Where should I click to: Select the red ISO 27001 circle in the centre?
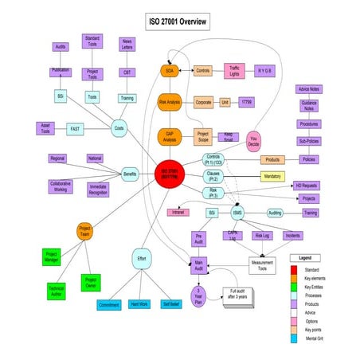(x=170, y=174)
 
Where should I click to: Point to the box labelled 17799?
(x=248, y=103)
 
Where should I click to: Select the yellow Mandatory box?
(x=272, y=176)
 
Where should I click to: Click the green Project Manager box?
(x=51, y=256)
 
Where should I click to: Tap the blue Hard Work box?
(x=140, y=304)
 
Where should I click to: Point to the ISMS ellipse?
(x=237, y=213)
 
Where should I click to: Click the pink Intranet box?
(x=178, y=213)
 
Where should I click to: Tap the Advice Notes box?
(x=308, y=89)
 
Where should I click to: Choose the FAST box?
(x=76, y=127)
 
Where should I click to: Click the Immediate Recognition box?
(x=98, y=190)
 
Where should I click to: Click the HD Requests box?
(x=309, y=185)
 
